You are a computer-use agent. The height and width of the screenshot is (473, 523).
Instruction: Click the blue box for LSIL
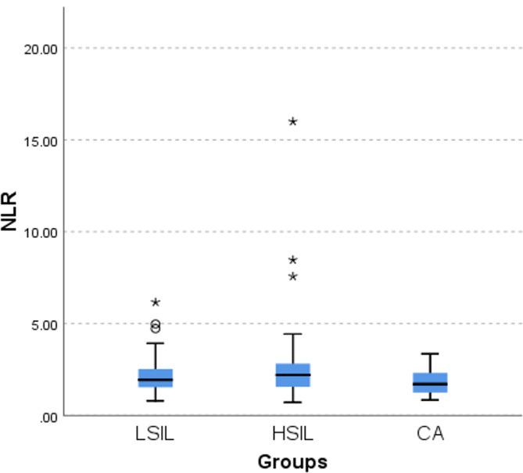[156, 377]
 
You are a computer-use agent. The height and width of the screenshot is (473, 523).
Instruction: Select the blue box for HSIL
[292, 374]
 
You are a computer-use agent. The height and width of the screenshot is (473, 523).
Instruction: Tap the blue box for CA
[429, 382]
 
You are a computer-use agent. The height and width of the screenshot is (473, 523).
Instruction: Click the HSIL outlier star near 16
[292, 121]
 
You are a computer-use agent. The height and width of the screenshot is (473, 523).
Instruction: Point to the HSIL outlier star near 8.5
[292, 260]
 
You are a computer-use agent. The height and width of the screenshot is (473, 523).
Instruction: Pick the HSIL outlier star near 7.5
[292, 276]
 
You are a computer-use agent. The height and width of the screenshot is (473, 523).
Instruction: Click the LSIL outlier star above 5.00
[156, 302]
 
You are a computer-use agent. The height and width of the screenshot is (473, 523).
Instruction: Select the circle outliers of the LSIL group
[156, 326]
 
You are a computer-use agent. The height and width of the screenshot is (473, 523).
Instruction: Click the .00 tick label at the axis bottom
[48, 417]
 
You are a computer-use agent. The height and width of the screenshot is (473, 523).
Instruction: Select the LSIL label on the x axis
[156, 433]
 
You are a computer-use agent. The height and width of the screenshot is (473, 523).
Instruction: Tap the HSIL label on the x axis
[292, 433]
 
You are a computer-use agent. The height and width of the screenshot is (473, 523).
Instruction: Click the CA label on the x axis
[429, 433]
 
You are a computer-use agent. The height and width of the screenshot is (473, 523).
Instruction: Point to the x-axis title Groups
[292, 461]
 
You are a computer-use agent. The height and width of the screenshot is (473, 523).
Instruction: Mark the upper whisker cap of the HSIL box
[292, 334]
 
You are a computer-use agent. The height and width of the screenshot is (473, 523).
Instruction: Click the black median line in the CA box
[429, 384]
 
